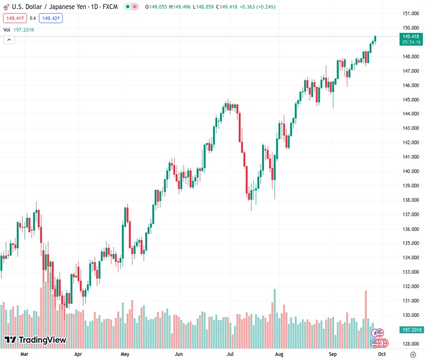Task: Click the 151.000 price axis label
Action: tap(410, 13)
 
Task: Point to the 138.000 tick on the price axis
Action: tap(410, 200)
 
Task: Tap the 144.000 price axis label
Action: tap(410, 114)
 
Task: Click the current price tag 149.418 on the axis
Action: tap(410, 37)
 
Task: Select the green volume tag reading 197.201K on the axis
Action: tap(410, 330)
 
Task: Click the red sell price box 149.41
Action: tap(14, 18)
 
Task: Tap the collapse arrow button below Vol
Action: tap(9, 40)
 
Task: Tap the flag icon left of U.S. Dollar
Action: tap(6, 6)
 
